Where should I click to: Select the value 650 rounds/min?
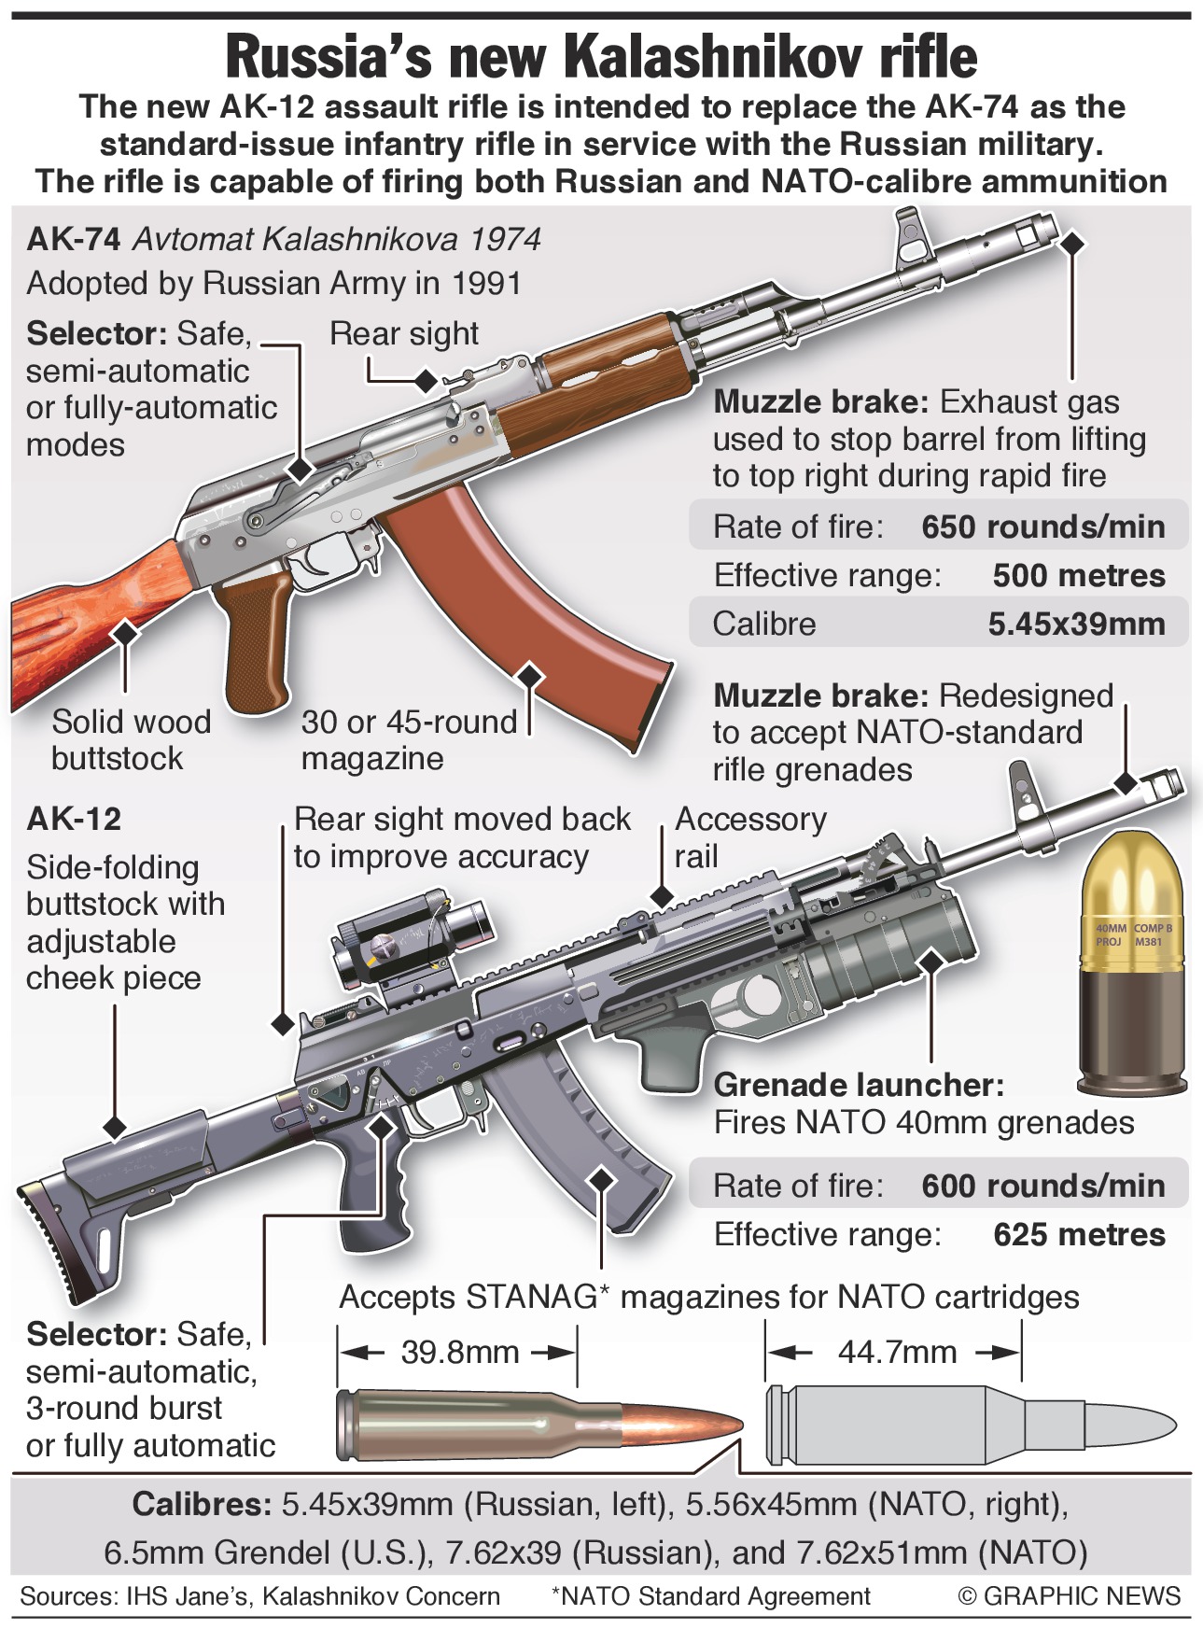point(1042,527)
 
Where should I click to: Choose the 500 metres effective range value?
point(1078,576)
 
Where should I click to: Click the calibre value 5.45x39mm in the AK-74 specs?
point(1076,625)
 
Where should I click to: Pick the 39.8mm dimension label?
point(459,1352)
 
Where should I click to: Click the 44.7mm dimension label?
point(896,1352)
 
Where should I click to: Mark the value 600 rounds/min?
point(1042,1187)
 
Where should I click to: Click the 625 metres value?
point(1078,1235)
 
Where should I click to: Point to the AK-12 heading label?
point(74,819)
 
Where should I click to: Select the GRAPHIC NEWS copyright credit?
point(1069,1596)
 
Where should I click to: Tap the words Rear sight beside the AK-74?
point(403,334)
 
